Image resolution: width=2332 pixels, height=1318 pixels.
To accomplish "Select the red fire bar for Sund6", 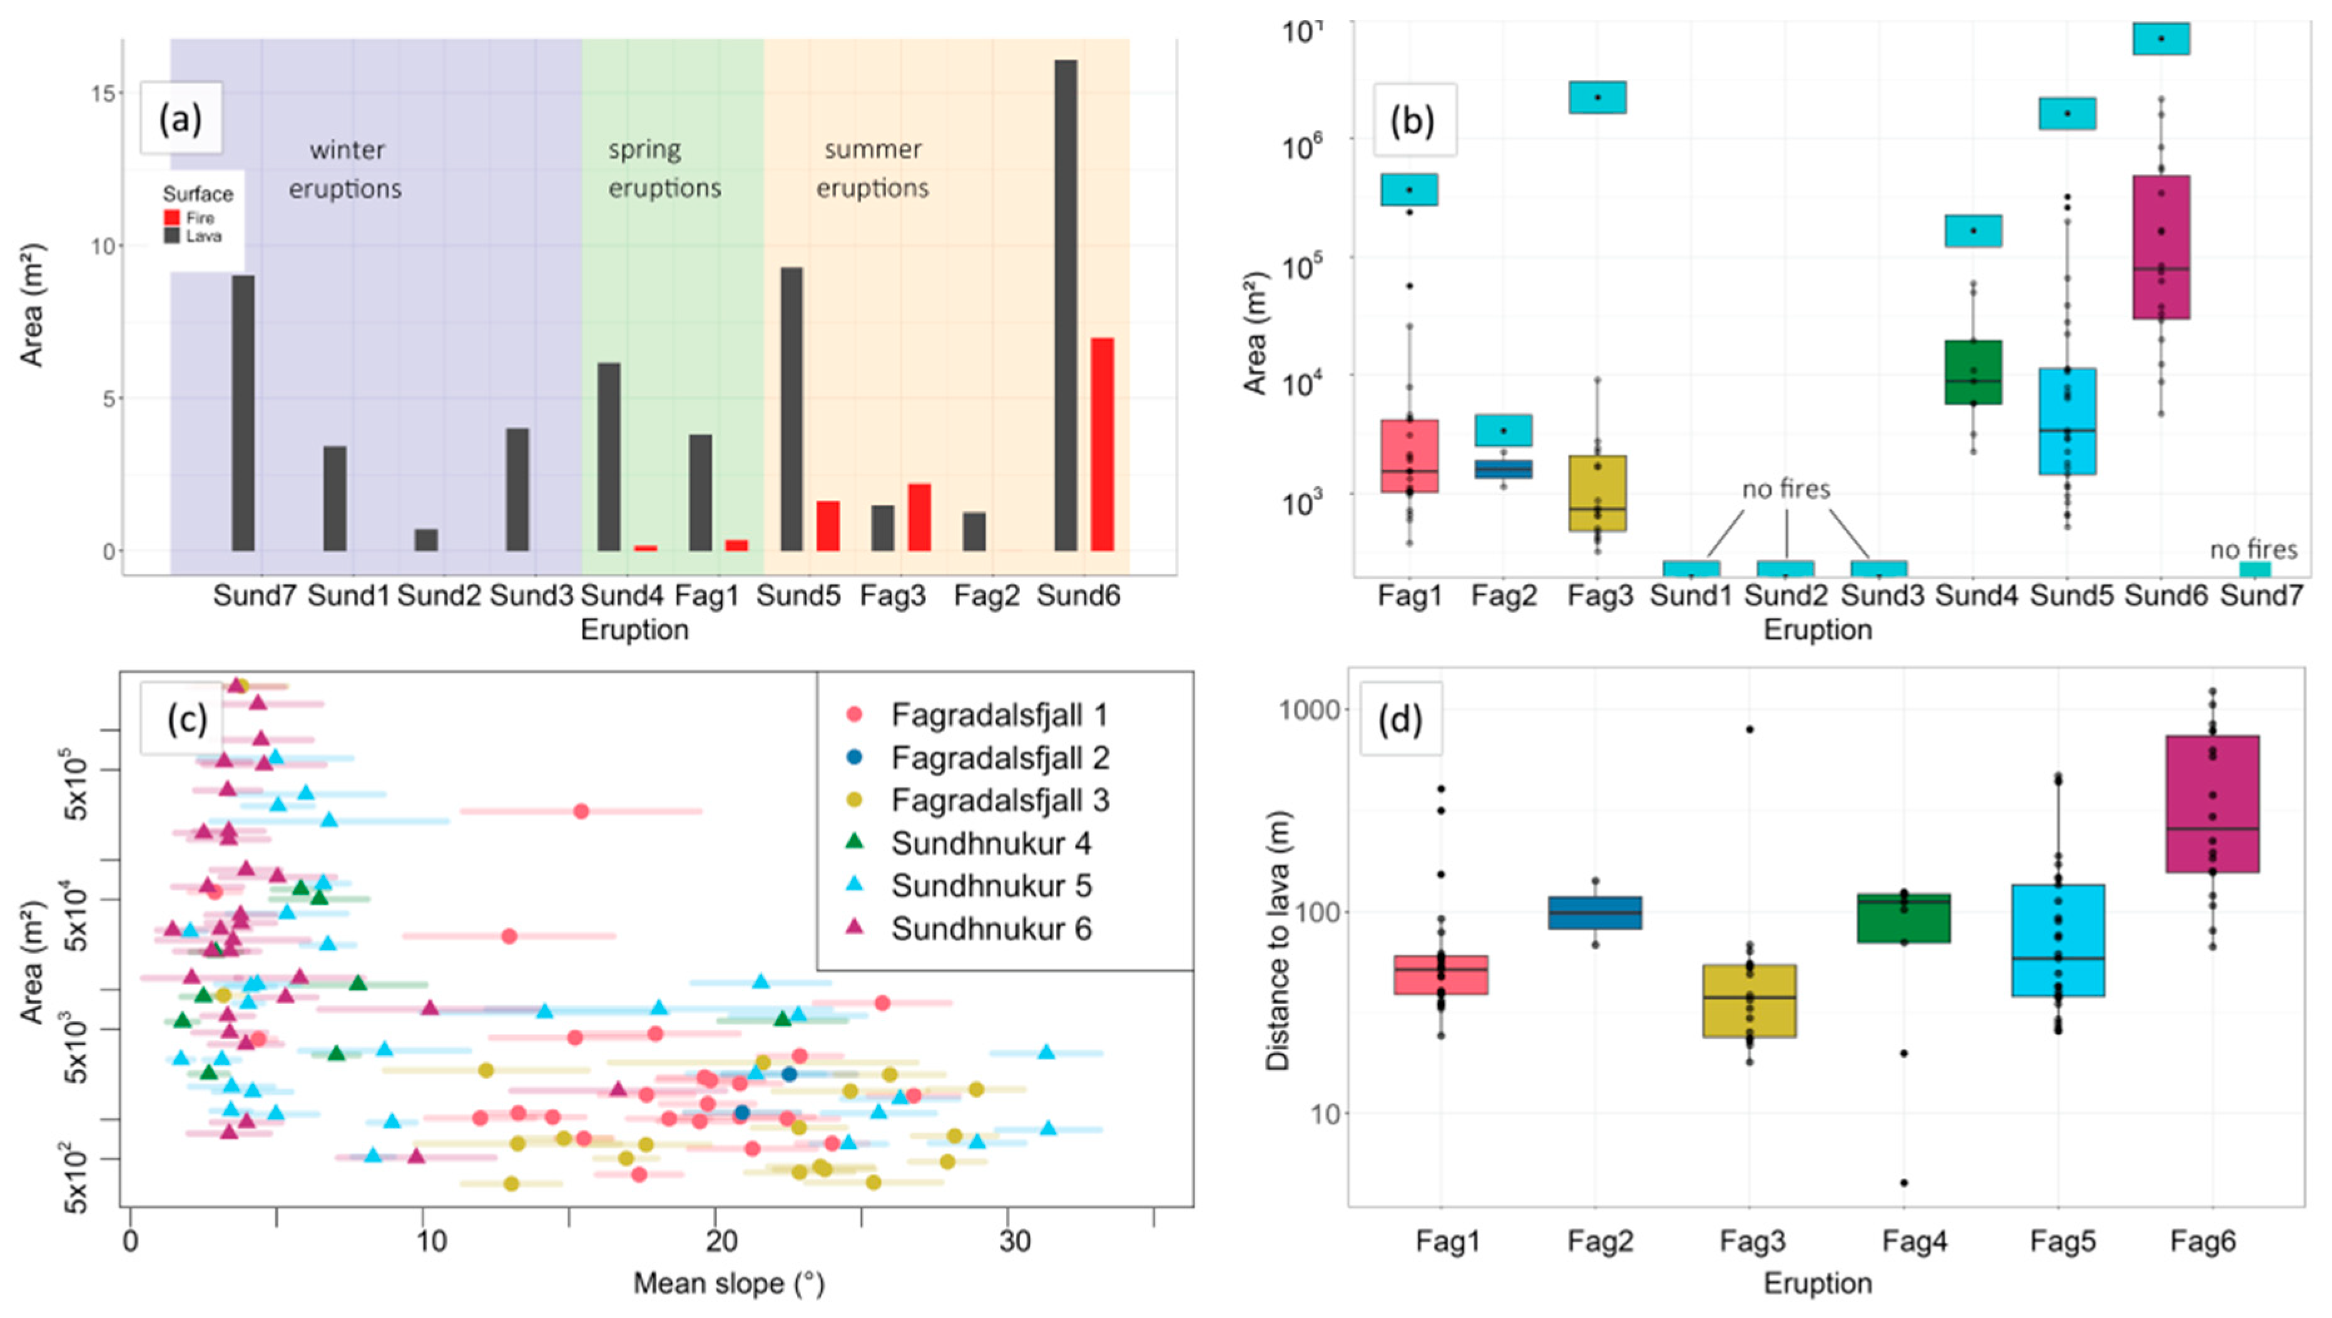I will tap(1102, 444).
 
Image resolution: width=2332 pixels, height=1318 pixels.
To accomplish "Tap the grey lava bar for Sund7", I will tap(243, 413).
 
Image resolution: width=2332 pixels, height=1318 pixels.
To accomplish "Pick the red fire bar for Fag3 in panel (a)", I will tap(920, 517).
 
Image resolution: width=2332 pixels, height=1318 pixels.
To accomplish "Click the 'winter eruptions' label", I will tap(346, 169).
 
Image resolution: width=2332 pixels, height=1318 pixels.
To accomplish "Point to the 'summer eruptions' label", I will tap(873, 169).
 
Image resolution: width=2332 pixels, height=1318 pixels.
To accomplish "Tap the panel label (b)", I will tap(1413, 120).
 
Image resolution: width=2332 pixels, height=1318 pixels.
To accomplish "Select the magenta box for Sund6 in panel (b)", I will tap(2161, 247).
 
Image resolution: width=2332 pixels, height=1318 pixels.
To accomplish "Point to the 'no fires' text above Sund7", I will tap(2253, 549).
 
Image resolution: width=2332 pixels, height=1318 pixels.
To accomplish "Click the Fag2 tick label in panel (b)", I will tap(1504, 596).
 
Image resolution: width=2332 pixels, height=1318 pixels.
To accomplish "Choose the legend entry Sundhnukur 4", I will tap(990, 844).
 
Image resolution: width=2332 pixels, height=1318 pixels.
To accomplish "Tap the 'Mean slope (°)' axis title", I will tap(729, 1284).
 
